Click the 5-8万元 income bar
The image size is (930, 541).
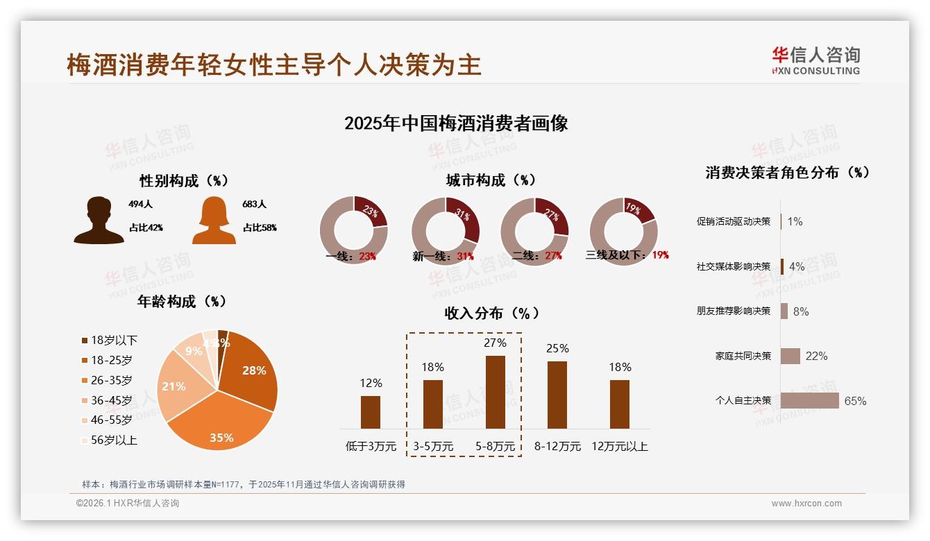(496, 392)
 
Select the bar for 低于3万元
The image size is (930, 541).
(371, 412)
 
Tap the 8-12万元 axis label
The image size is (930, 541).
(557, 447)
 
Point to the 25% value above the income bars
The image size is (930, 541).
(557, 348)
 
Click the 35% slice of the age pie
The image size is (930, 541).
(221, 423)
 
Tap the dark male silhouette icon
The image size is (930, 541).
(99, 220)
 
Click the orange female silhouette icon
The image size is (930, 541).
(214, 220)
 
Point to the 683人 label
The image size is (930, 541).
(255, 205)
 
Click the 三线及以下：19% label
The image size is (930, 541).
(627, 255)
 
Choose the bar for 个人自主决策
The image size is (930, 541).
(809, 400)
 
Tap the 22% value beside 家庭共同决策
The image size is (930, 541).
(816, 356)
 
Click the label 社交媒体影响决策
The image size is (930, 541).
(734, 266)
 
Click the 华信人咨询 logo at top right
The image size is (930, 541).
(815, 60)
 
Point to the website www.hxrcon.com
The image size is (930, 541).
(806, 504)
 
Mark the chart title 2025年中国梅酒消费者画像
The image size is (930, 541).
(456, 123)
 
